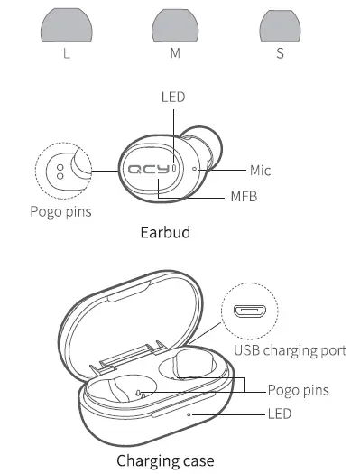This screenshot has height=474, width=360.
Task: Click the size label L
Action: point(66,53)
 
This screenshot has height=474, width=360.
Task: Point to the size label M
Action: point(176,53)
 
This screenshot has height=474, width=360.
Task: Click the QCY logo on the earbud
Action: point(148,169)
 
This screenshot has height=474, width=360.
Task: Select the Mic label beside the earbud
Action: point(261,170)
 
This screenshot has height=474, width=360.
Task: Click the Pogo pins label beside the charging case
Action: point(298,390)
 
